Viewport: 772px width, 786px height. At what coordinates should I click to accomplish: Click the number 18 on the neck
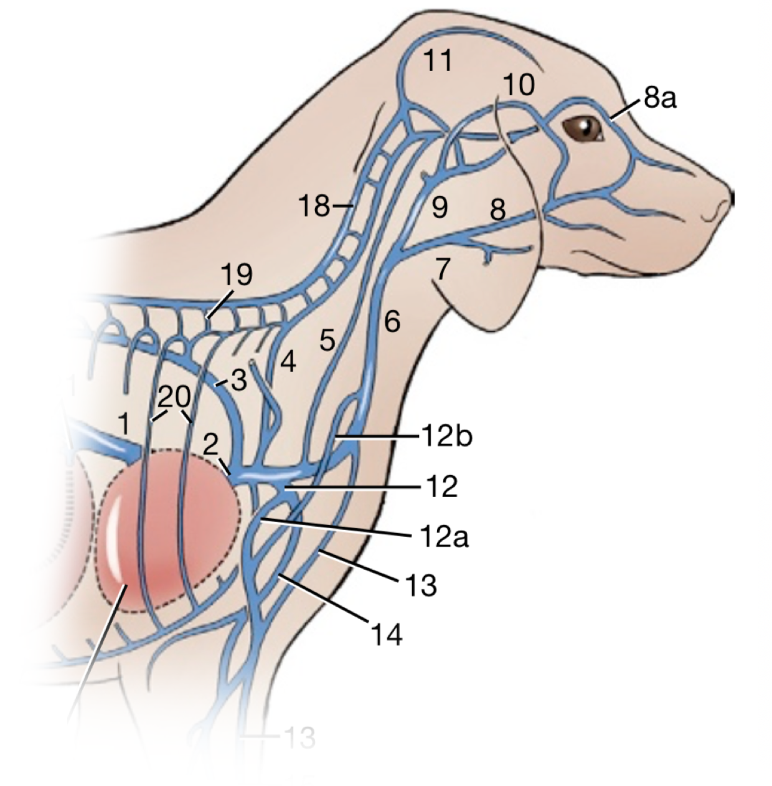(314, 205)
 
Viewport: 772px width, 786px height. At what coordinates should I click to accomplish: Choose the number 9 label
(440, 208)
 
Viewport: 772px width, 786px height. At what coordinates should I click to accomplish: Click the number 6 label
(392, 321)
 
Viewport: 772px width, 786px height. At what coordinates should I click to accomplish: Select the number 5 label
(327, 340)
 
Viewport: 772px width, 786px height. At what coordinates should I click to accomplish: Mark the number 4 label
(286, 362)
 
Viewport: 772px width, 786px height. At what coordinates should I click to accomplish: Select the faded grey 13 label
(299, 737)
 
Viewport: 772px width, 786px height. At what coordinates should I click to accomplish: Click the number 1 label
(125, 424)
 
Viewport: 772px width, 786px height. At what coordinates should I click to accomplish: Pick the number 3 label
(239, 379)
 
